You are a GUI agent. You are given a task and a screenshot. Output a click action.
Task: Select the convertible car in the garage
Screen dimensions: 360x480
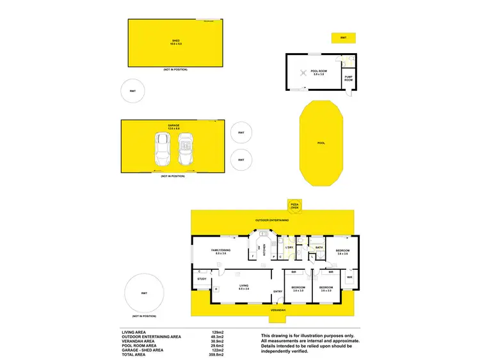click(x=186, y=150)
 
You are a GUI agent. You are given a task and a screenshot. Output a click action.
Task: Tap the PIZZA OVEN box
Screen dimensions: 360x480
click(x=294, y=205)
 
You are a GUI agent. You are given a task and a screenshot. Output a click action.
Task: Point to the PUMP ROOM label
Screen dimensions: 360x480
click(x=349, y=79)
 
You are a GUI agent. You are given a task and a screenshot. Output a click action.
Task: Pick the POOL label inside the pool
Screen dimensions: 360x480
click(x=321, y=143)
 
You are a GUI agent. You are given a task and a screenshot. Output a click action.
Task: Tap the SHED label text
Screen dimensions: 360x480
click(x=175, y=42)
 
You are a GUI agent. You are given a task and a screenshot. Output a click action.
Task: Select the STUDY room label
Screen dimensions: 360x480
click(x=202, y=279)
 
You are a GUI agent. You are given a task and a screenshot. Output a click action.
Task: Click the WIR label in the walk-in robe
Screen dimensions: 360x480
click(x=350, y=277)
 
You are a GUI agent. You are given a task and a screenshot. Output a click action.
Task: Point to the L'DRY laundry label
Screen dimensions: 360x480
click(x=289, y=247)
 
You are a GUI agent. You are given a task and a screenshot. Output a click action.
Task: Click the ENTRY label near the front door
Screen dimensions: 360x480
click(x=278, y=292)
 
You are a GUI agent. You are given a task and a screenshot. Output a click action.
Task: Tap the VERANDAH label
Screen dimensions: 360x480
click(x=277, y=310)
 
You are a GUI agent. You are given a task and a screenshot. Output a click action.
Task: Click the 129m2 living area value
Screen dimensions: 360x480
click(x=217, y=332)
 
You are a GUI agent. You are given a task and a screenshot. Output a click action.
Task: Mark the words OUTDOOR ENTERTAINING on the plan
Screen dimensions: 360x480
click(x=272, y=220)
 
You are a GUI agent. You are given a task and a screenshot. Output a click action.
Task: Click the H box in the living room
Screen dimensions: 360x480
click(x=216, y=289)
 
